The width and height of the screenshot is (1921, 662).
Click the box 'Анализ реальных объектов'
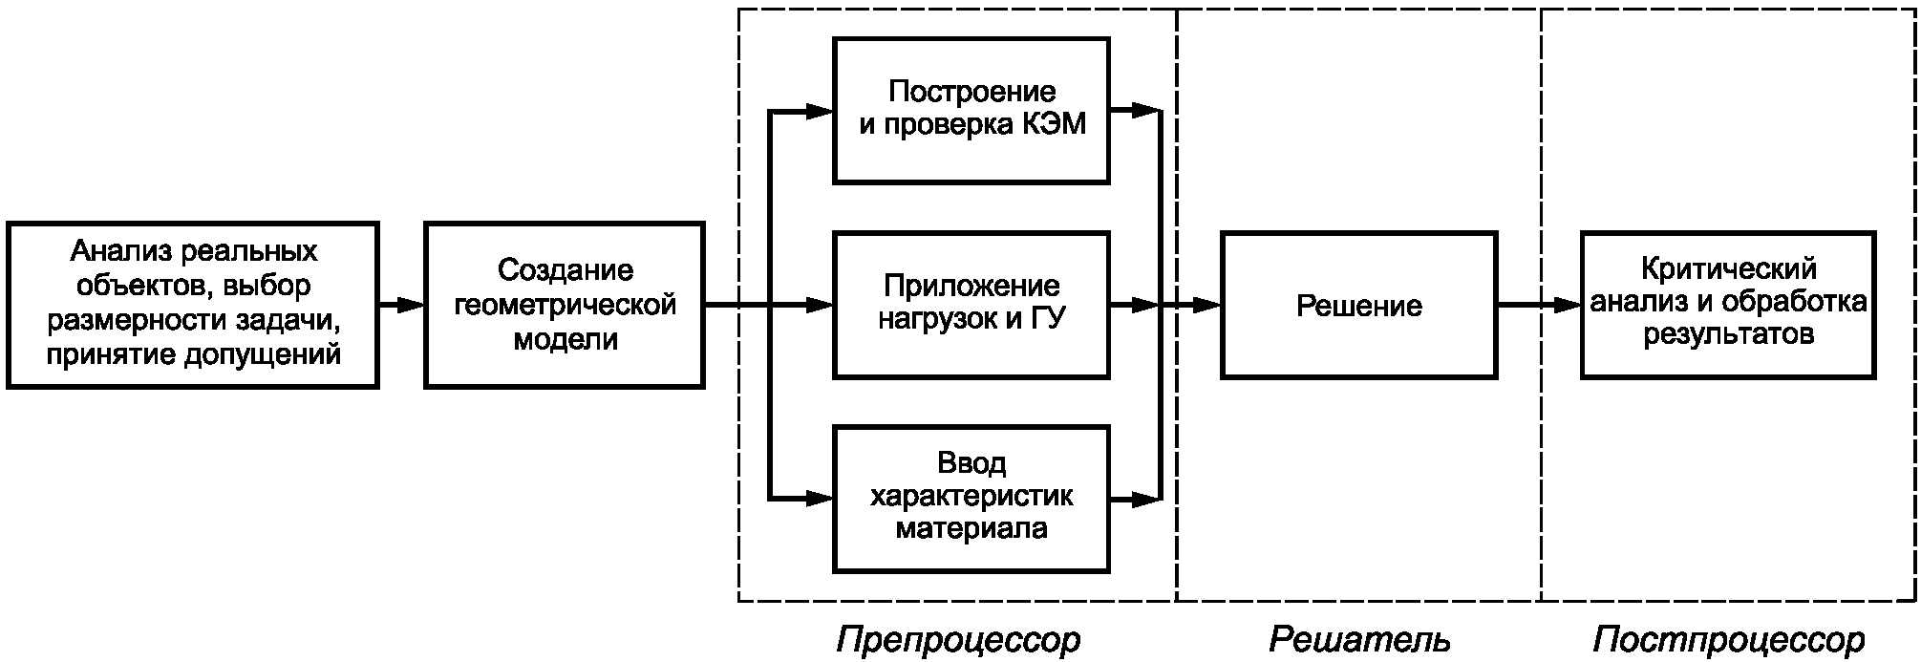193,305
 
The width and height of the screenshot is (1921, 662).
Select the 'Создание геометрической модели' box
565,305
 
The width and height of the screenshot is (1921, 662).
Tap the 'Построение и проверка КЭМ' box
971,110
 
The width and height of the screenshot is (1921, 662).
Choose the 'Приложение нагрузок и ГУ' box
971,304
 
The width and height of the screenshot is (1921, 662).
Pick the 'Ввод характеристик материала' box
971,499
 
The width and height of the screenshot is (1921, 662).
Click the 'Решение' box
1358,305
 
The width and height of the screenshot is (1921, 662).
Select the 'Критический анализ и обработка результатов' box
1727,305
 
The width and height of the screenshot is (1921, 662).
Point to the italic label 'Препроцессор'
958,639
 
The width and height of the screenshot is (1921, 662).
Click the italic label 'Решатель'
1358,639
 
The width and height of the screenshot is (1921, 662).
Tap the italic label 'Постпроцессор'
1728,639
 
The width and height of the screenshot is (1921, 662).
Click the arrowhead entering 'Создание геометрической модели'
411,305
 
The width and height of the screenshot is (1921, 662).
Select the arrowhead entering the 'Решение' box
1207,305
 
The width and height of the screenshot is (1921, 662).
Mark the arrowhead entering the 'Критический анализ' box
1568,305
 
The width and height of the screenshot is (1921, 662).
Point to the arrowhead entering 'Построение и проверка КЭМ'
819,111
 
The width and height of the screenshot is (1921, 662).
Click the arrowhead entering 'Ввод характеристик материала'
819,498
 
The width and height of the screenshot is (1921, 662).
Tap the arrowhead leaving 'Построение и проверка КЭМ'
1145,111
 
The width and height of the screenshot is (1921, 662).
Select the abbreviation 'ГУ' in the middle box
1048,318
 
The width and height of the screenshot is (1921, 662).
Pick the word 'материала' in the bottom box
971,528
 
